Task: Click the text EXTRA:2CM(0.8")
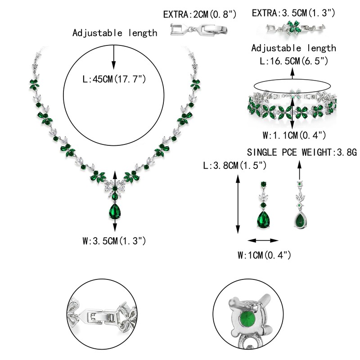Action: [200, 14]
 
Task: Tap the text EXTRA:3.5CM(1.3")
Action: [293, 13]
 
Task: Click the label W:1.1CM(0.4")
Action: [293, 135]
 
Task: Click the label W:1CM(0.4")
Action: [264, 256]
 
